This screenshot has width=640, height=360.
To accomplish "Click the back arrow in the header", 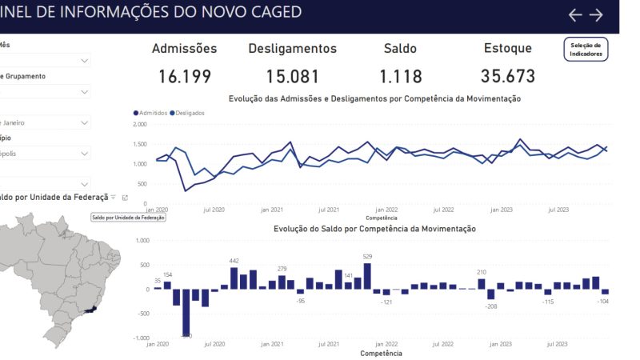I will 575,14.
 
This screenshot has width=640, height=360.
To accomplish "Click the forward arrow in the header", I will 596,14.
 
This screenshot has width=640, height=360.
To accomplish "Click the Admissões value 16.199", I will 185,77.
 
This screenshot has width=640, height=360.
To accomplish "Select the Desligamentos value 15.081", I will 293,77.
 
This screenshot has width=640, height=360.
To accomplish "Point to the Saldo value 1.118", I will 400,77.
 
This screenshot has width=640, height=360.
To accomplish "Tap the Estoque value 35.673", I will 508,77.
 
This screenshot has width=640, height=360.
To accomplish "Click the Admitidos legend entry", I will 151,113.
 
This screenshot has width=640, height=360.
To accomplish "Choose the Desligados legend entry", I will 187,113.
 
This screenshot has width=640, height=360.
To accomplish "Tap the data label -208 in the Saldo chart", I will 490,306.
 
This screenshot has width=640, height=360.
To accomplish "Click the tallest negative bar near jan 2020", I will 186,312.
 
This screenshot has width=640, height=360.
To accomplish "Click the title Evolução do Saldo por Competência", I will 374,229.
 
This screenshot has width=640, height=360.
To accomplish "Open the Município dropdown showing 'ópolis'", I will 45,153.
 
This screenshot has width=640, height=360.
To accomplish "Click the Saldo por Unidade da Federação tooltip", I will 128,217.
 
